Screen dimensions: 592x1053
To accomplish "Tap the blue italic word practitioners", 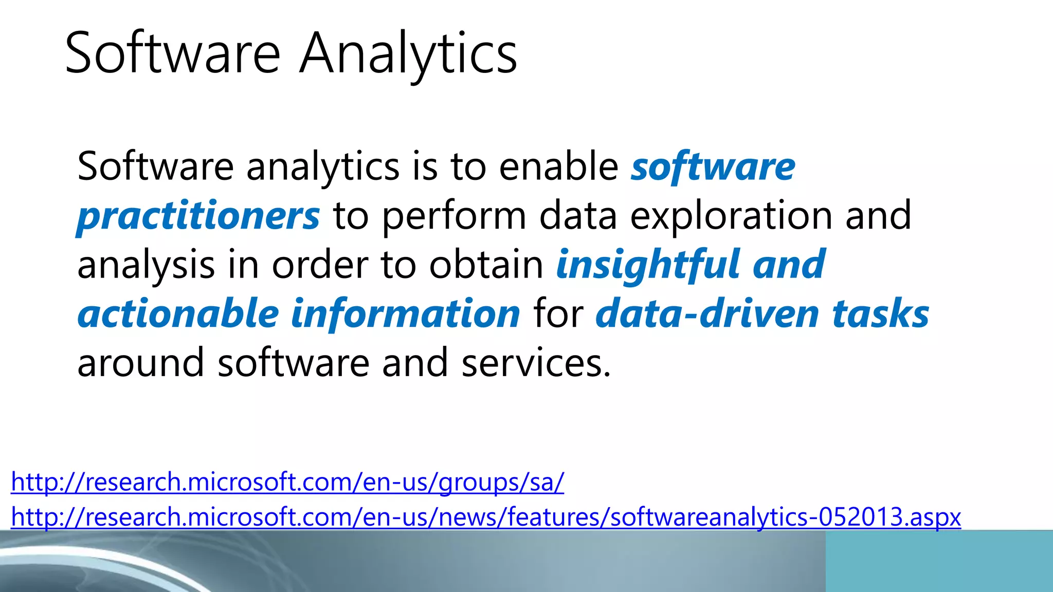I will (x=198, y=216).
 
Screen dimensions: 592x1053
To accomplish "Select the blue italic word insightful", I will (x=648, y=265).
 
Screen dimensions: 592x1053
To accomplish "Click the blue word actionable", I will (x=178, y=313).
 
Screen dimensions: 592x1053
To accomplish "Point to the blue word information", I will (x=406, y=313).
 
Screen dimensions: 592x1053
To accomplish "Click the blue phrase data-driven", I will (x=707, y=313).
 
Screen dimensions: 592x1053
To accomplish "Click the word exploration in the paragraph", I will (x=731, y=216).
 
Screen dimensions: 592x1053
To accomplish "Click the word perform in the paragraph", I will (x=455, y=216).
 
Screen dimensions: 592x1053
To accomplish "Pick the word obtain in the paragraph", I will (x=486, y=265).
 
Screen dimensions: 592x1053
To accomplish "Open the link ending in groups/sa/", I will (x=287, y=483).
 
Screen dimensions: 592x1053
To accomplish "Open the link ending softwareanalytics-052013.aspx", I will (x=486, y=517).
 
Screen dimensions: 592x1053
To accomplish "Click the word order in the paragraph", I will (x=320, y=265).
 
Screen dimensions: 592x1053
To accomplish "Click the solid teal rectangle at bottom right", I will (x=939, y=561).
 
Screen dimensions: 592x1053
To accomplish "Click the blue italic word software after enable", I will (x=713, y=166).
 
